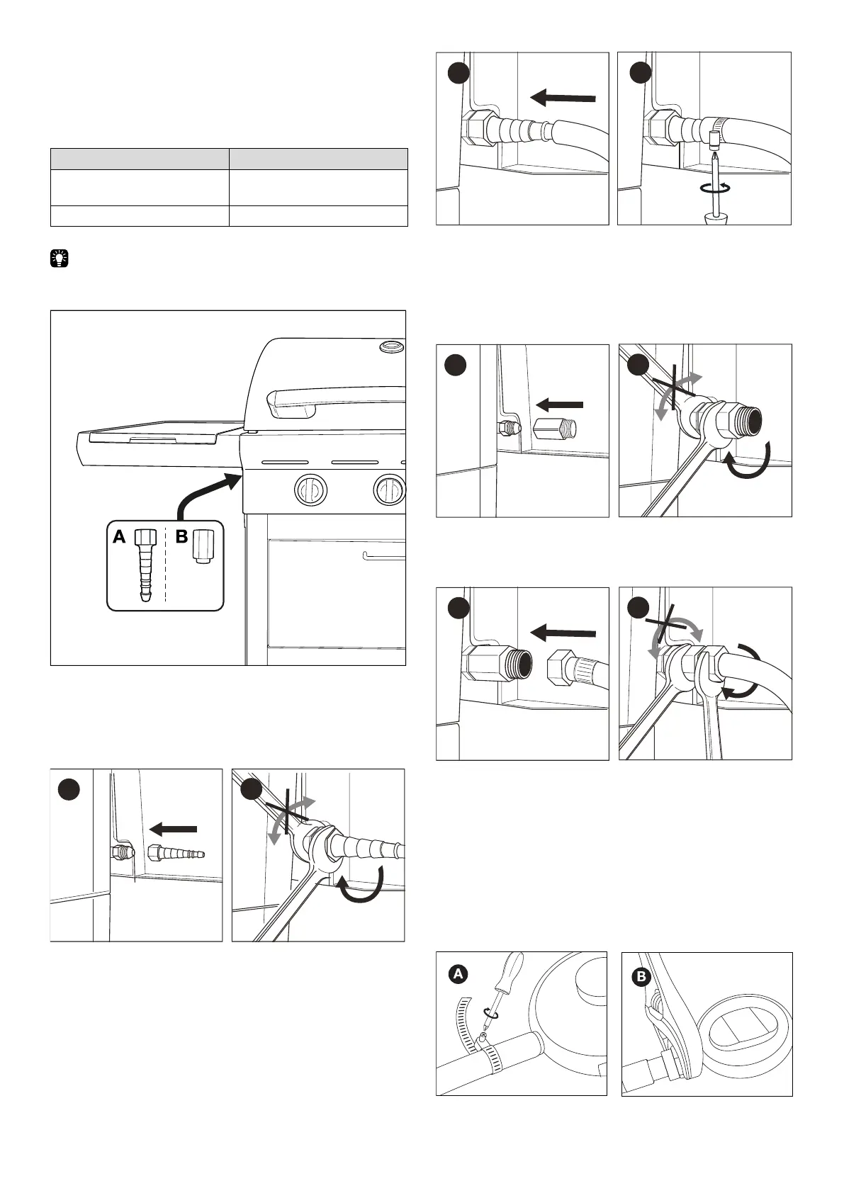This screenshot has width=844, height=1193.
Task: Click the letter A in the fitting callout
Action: pyautogui.click(x=119, y=538)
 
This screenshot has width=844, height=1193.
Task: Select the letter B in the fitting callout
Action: pyautogui.click(x=181, y=537)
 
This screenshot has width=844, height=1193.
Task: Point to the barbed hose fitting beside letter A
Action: pyautogui.click(x=145, y=567)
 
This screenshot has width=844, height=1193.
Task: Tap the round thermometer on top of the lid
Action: pyautogui.click(x=390, y=346)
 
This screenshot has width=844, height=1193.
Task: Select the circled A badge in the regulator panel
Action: pyautogui.click(x=458, y=974)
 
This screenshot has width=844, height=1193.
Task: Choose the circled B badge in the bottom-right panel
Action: pyautogui.click(x=641, y=978)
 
